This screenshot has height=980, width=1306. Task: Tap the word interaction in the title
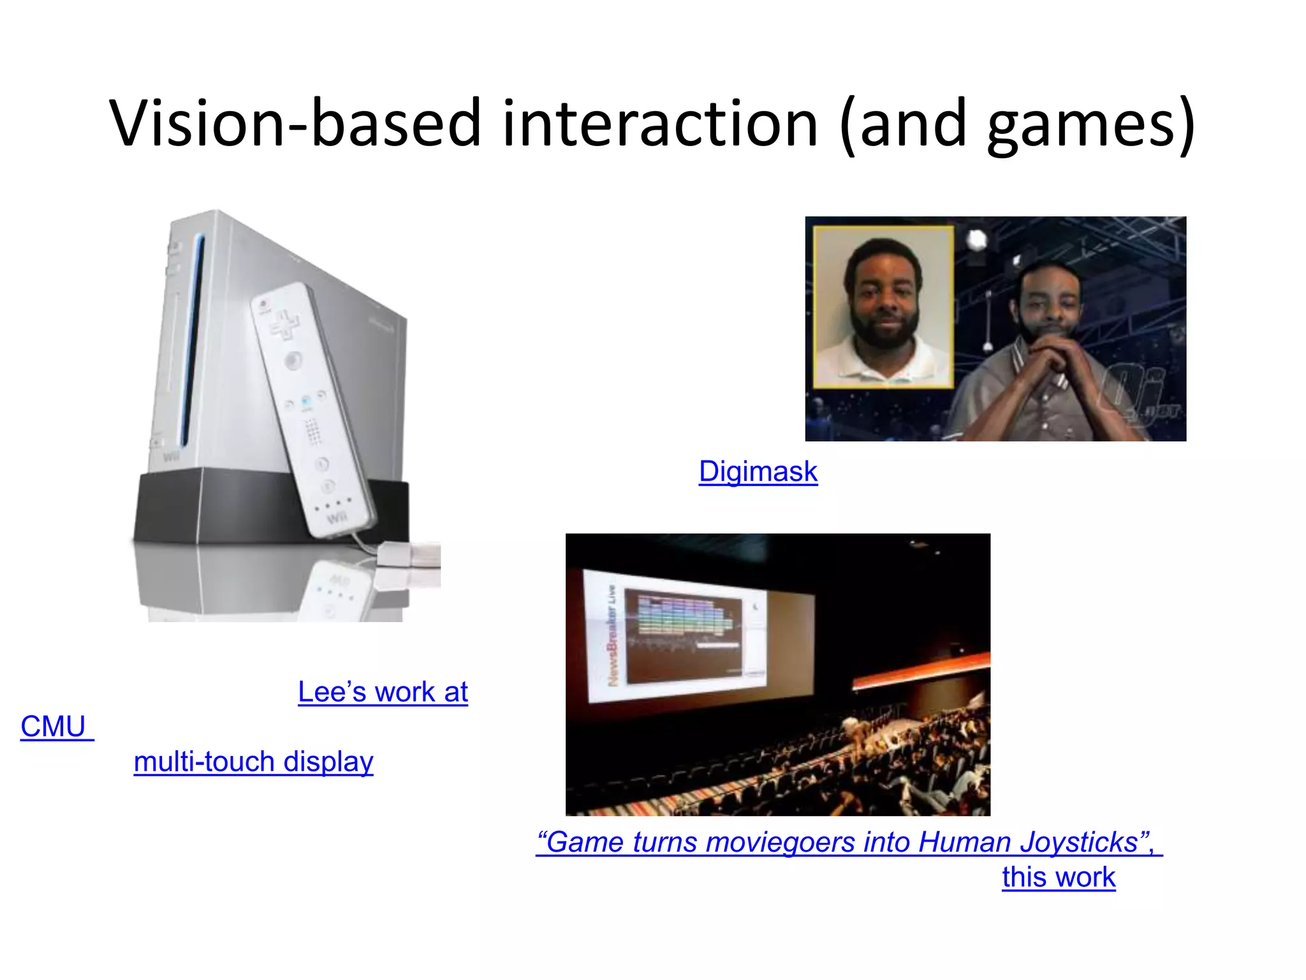[659, 124]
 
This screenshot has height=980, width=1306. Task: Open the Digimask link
[758, 472]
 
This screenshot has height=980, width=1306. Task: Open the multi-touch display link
[253, 762]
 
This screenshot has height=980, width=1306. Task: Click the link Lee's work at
[383, 692]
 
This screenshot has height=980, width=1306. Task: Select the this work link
[1058, 877]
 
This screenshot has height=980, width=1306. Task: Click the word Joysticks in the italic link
[1078, 843]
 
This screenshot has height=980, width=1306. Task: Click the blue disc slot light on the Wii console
[192, 338]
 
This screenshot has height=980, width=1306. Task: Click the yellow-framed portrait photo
[883, 306]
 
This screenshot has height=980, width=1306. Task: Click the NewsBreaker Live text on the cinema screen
[612, 635]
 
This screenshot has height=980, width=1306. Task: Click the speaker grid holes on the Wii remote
[312, 431]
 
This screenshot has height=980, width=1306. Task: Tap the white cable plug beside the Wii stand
[408, 554]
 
